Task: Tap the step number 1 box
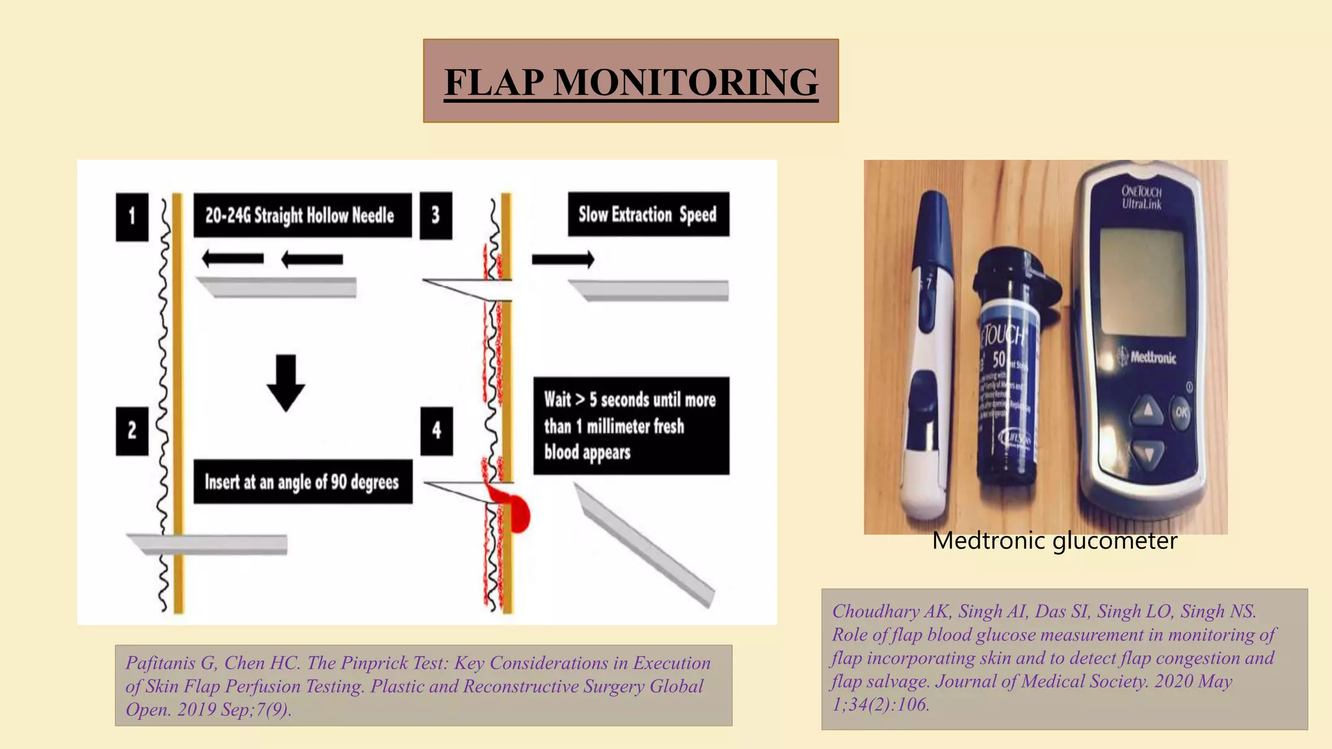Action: pos(132,217)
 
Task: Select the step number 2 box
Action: pos(132,430)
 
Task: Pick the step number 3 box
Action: pos(436,216)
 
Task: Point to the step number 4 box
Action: pos(436,430)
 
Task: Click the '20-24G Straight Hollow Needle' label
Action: pos(302,215)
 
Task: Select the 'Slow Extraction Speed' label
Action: pos(648,214)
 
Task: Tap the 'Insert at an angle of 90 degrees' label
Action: pos(302,482)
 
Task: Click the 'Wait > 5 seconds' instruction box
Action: pos(630,426)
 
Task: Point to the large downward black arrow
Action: pos(286,382)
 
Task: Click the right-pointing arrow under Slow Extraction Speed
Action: pos(563,259)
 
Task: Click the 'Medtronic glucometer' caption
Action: pos(1054,541)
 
